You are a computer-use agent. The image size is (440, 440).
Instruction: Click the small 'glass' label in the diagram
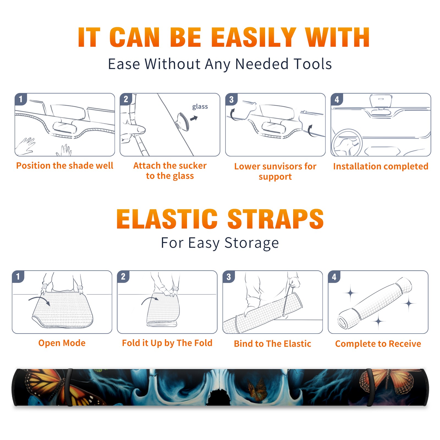click(200, 106)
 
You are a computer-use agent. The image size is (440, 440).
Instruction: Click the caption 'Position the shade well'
click(65, 166)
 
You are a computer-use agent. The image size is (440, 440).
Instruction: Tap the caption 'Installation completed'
click(381, 166)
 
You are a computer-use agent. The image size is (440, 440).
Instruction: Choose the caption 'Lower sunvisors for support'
click(275, 171)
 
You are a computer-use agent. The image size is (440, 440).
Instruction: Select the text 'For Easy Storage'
click(220, 243)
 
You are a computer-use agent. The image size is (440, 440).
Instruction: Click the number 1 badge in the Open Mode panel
click(18, 276)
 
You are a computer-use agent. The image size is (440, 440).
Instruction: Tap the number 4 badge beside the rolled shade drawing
click(334, 277)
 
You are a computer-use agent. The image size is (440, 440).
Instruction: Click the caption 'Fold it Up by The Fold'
click(167, 343)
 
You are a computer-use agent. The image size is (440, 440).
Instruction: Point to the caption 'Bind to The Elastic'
click(273, 344)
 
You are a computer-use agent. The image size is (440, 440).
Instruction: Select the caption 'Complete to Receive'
click(378, 344)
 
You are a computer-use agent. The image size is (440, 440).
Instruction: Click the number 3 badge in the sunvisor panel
click(231, 99)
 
